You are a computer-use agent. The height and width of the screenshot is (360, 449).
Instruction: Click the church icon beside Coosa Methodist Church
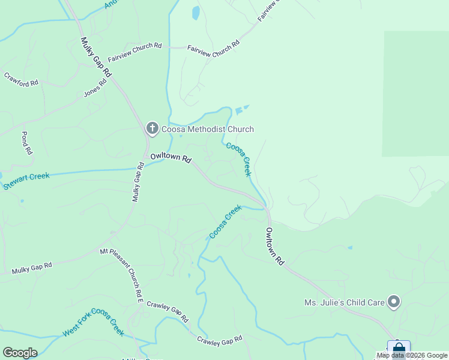tap(152, 128)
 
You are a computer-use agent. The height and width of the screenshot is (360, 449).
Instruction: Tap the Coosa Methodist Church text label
tap(206, 129)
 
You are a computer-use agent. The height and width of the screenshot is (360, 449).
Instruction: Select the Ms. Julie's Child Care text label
tap(344, 302)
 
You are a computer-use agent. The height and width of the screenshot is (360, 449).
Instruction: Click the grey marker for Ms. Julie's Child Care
tap(394, 302)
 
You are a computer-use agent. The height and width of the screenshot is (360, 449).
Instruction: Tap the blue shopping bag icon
tap(399, 349)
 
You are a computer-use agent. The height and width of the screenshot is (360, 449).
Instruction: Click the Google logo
tap(20, 353)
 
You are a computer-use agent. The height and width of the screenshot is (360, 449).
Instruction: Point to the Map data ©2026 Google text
tap(412, 355)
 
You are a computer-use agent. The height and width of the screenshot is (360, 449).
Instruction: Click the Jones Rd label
tap(95, 88)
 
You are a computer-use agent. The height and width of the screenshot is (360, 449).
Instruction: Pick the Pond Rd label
tap(26, 143)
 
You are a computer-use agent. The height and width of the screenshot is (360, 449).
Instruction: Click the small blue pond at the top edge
tap(195, 13)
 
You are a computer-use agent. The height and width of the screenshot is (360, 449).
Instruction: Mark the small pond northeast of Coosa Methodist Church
tap(241, 110)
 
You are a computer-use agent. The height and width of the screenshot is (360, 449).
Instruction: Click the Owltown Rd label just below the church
tap(170, 158)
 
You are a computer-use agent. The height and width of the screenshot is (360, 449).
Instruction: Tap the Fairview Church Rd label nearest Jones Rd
tap(135, 52)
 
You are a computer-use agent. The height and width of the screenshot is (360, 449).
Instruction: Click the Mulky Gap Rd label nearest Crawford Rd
tap(97, 57)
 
